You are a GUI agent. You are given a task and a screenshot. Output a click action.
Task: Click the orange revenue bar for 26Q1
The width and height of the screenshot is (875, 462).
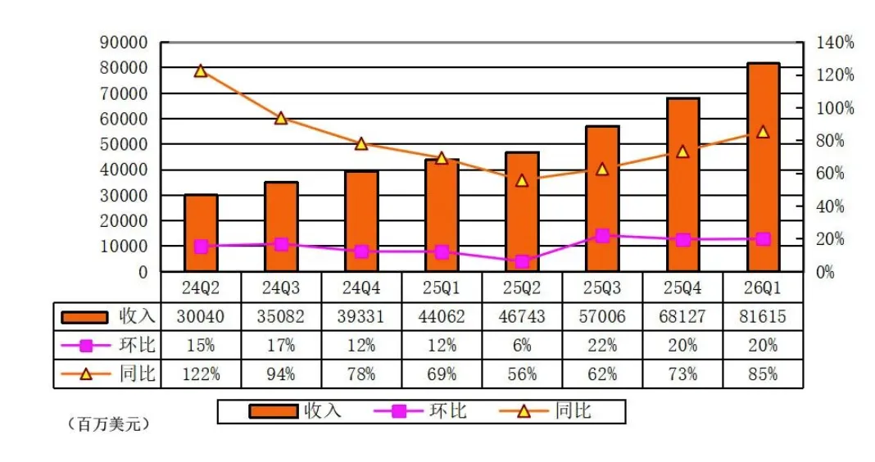[x=763, y=167]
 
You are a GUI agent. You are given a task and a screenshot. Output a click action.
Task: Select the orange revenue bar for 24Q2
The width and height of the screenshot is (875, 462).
[x=201, y=233]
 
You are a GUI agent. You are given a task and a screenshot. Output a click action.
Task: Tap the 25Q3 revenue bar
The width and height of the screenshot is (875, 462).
[x=602, y=198]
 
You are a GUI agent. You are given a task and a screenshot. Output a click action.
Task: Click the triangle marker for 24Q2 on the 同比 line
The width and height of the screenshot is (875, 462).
[x=201, y=70]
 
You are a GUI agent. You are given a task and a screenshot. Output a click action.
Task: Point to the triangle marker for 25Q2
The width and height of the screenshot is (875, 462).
[x=522, y=179]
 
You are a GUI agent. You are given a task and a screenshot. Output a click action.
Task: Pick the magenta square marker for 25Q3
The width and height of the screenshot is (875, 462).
[x=602, y=236]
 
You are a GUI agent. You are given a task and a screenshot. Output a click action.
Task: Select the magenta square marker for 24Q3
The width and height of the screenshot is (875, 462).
[x=281, y=244]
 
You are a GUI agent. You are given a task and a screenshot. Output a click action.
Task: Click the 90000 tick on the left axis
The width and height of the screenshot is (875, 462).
[x=124, y=43]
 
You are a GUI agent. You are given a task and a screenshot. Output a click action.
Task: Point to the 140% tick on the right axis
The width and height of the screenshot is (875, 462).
[x=835, y=43]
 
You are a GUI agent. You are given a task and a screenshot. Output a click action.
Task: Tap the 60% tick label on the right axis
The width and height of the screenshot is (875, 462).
[x=830, y=174]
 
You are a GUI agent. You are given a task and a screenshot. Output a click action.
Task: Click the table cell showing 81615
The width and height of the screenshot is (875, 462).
[x=763, y=317]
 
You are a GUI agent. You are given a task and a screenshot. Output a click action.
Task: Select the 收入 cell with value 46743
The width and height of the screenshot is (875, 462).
[x=522, y=317]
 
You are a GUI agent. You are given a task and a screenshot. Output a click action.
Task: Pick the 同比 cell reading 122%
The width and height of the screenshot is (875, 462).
[x=201, y=374]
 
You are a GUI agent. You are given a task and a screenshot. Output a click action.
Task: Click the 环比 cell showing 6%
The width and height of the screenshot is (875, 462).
[x=522, y=346]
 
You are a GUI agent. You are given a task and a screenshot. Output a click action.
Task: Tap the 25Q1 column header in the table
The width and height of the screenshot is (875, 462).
[x=442, y=288]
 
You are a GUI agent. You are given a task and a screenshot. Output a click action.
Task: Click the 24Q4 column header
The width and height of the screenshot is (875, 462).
[x=361, y=288]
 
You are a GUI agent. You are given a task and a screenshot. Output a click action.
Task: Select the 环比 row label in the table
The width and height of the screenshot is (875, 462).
[x=137, y=345]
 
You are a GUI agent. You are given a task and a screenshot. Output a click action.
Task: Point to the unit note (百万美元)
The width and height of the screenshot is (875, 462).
[x=109, y=424]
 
